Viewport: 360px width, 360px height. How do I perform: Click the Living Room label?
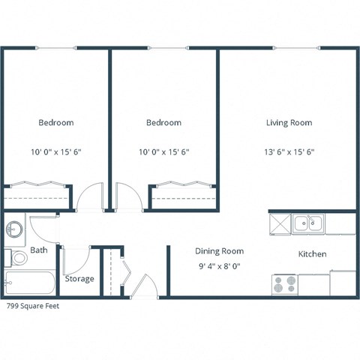click(x=289, y=122)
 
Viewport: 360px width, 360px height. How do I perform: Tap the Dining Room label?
click(x=219, y=251)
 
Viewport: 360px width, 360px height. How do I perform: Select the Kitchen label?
click(x=312, y=254)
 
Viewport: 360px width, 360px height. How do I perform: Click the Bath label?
click(x=38, y=250)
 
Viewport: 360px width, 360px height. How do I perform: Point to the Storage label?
click(x=79, y=279)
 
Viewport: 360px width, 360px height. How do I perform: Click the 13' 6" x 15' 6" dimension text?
click(x=289, y=151)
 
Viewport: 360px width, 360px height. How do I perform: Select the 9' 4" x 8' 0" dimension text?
click(x=219, y=265)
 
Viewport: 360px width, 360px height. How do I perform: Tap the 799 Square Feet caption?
click(x=32, y=305)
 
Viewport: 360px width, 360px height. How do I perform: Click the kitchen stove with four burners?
click(x=284, y=284)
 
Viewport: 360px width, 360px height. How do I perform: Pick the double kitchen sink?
click(x=308, y=223)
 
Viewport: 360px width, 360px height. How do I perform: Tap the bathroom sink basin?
click(x=14, y=228)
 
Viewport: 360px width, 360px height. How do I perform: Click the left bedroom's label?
click(x=55, y=122)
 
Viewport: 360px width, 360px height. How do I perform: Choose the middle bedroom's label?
click(x=163, y=122)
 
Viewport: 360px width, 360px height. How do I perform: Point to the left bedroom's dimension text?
click(x=55, y=151)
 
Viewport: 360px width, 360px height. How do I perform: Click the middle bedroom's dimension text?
click(x=163, y=151)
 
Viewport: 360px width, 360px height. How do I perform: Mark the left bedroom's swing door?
click(x=91, y=196)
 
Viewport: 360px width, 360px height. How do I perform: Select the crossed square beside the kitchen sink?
click(x=279, y=223)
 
